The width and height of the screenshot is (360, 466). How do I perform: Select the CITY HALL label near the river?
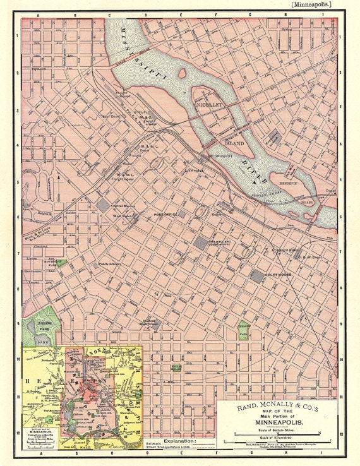194,170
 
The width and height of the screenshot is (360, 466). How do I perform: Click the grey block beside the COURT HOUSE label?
257,276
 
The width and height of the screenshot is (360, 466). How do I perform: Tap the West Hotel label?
104,217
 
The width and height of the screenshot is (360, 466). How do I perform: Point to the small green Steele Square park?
177,367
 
